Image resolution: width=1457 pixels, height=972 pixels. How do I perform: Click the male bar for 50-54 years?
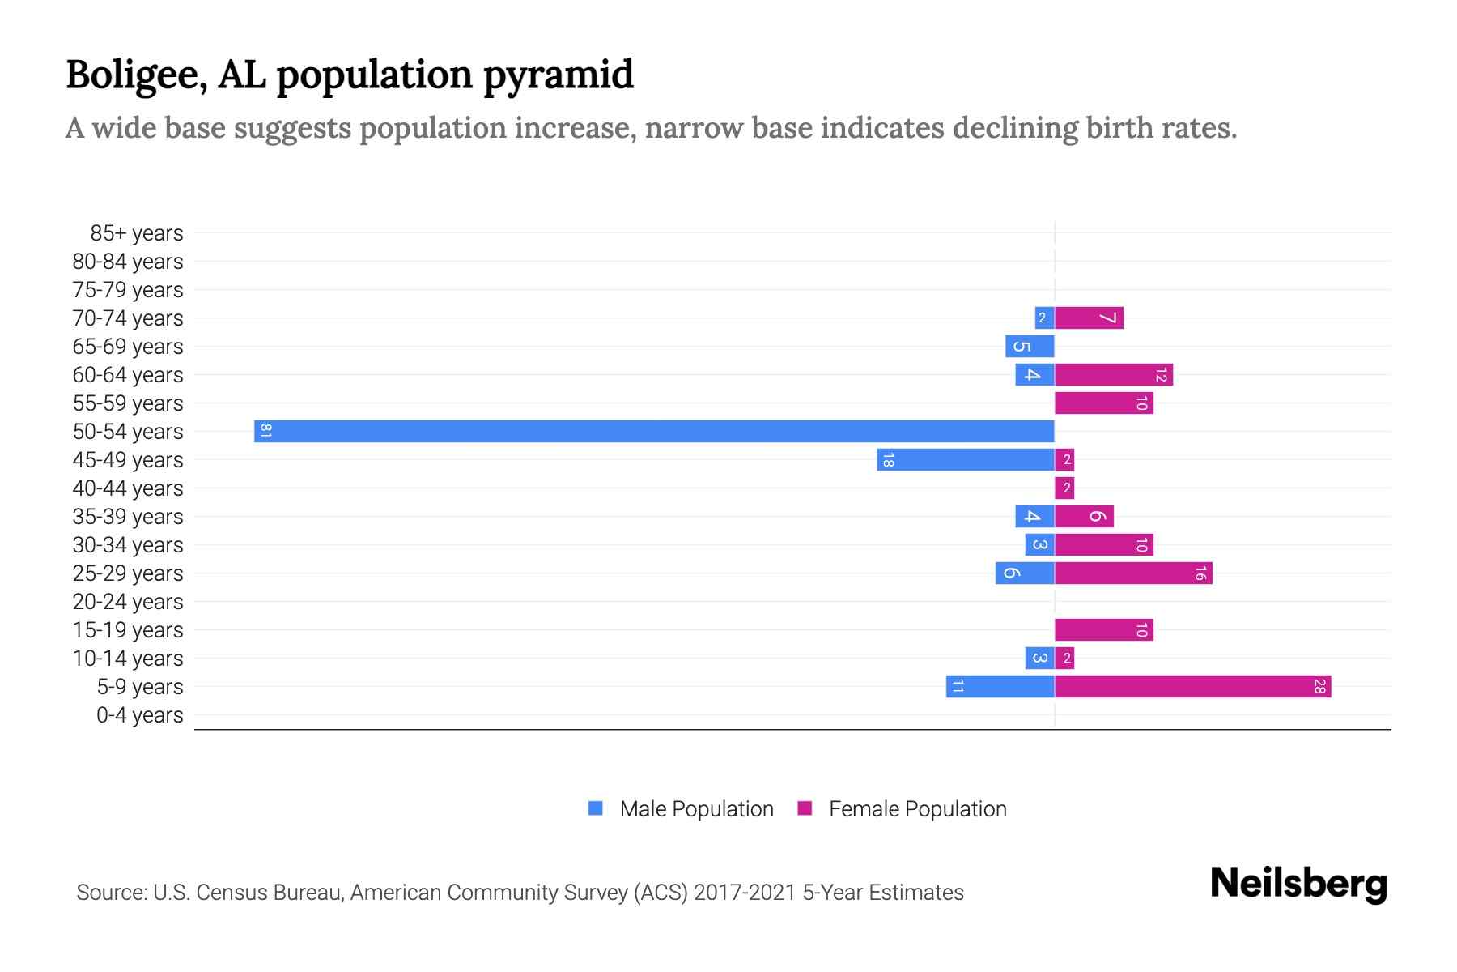pos(654,431)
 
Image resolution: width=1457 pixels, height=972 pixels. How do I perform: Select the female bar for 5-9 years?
pos(1192,687)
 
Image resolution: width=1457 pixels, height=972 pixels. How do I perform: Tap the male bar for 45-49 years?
pos(966,460)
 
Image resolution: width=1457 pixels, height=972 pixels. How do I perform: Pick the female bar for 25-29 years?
pos(1133,573)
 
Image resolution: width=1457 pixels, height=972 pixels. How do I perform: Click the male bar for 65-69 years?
pos(1030,347)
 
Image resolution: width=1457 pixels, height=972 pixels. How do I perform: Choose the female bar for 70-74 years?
pos(1089,318)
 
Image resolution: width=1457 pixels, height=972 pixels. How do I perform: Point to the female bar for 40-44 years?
pos(1064,488)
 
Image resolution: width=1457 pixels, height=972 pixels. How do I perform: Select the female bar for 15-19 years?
pos(1103,630)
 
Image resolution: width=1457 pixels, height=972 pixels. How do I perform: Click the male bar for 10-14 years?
pos(1039,659)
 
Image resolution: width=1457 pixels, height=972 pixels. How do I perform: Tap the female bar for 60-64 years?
pos(1113,375)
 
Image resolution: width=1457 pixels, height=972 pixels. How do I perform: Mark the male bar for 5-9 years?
pos(1000,687)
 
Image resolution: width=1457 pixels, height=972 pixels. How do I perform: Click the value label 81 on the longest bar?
pos(265,431)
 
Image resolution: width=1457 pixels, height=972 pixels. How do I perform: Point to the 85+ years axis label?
pos(136,233)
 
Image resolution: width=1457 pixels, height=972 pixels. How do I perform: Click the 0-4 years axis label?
pos(139,715)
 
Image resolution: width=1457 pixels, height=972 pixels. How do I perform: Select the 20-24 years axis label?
pos(128,602)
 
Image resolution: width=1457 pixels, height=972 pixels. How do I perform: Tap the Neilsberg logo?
pos(1298,884)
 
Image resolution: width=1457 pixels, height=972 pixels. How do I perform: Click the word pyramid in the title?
pos(558,75)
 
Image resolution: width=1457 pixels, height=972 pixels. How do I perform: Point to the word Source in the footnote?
pos(109,893)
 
